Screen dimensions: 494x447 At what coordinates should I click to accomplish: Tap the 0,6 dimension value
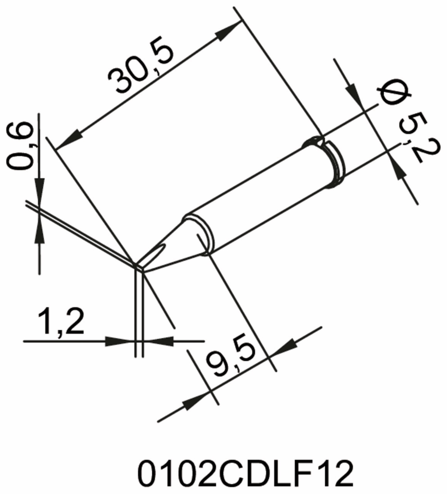click(x=20, y=146)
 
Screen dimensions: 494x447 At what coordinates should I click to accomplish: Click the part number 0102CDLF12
click(x=245, y=473)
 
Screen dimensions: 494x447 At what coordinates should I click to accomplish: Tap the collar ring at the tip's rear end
click(x=336, y=165)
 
